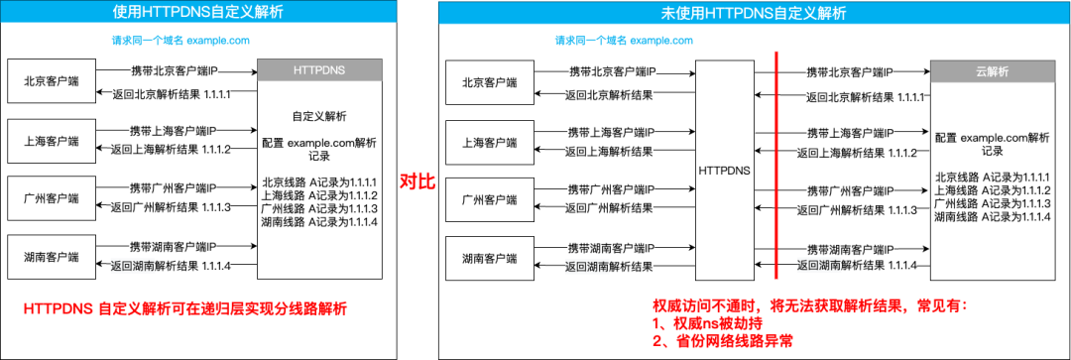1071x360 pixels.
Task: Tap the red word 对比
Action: [x=417, y=181]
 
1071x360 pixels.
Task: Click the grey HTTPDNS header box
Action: [x=319, y=72]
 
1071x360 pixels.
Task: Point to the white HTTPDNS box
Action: [x=724, y=170]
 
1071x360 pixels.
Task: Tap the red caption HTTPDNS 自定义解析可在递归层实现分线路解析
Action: [x=187, y=309]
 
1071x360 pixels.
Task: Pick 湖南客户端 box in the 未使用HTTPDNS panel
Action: [x=490, y=258]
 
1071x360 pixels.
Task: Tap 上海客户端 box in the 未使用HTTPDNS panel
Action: [x=490, y=142]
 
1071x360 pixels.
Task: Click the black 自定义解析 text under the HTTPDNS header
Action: [x=319, y=115]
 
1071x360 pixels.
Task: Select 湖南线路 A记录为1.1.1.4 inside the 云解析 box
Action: [x=992, y=216]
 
